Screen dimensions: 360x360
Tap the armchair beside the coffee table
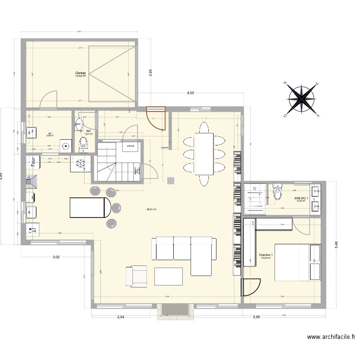click(x=136, y=276)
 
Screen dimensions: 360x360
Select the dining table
click(x=204, y=154)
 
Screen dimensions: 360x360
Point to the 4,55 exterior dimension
click(x=191, y=93)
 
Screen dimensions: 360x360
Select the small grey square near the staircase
click(x=171, y=180)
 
